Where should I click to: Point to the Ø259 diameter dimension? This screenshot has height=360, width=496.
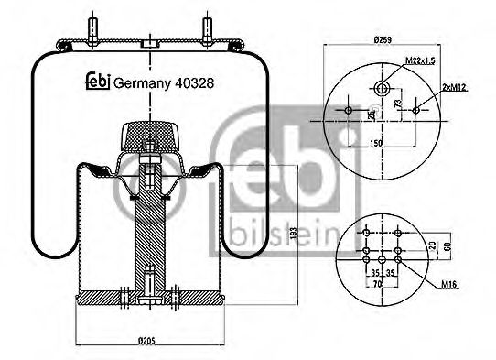(383, 40)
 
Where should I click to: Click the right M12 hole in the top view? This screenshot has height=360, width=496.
(416, 111)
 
